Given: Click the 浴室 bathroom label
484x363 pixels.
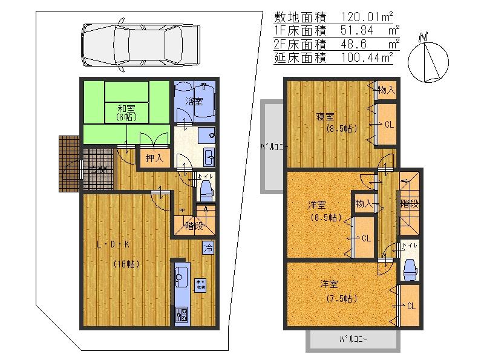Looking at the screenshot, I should [194, 102].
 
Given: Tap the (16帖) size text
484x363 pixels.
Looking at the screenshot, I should [126, 264].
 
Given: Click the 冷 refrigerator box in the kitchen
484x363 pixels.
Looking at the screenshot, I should [208, 248].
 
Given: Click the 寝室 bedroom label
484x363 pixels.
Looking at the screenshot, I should [324, 116].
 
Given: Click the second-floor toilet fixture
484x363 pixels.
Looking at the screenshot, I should [410, 266].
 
